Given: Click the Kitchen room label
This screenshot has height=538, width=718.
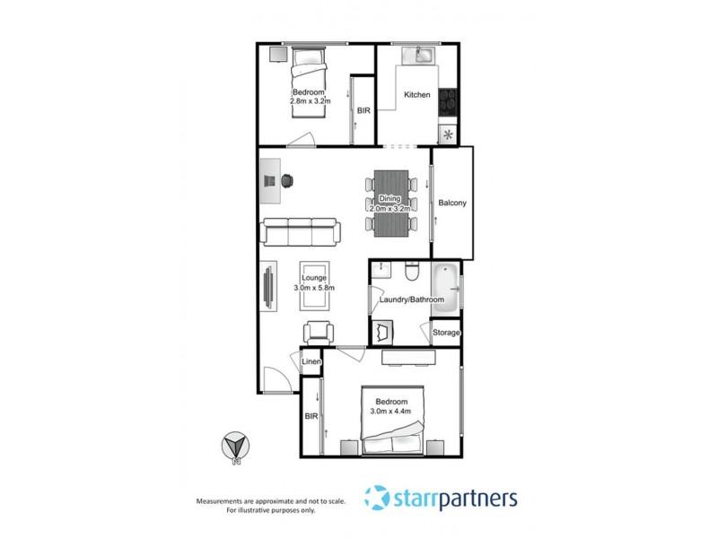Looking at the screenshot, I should pyautogui.click(x=417, y=95).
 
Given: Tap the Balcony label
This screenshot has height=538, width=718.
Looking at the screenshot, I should pyautogui.click(x=452, y=204).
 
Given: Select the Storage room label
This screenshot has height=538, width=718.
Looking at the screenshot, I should pyautogui.click(x=446, y=333).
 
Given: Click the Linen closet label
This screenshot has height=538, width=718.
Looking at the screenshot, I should pyautogui.click(x=311, y=362).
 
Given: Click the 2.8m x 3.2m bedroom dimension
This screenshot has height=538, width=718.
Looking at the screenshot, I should pyautogui.click(x=311, y=102).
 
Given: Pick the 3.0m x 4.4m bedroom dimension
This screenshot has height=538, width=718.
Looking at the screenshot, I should pyautogui.click(x=391, y=412).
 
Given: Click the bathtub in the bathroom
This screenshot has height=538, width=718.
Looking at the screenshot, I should pyautogui.click(x=445, y=290).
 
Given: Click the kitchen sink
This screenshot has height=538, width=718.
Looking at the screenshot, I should pyautogui.click(x=418, y=56).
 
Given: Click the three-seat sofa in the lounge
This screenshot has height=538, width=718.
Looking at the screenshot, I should pyautogui.click(x=299, y=231).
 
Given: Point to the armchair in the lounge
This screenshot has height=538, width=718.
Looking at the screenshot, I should pyautogui.click(x=318, y=332).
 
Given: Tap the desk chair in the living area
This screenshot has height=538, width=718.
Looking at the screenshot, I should pyautogui.click(x=288, y=179).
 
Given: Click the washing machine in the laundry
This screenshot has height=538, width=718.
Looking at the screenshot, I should pyautogui.click(x=384, y=331).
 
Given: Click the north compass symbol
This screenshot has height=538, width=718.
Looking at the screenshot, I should pyautogui.click(x=236, y=446).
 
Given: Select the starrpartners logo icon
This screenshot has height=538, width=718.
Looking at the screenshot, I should pyautogui.click(x=377, y=498).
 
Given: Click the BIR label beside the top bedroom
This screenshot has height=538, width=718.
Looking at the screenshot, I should pyautogui.click(x=363, y=110).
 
